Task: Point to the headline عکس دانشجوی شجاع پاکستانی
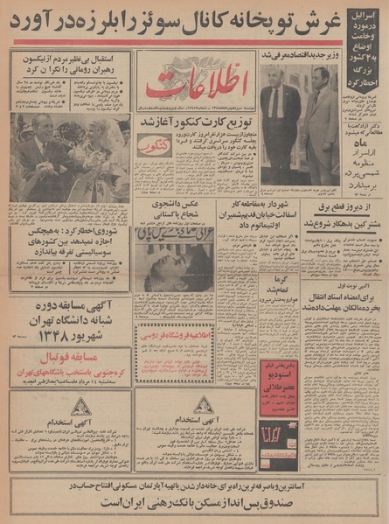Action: [193, 211]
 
